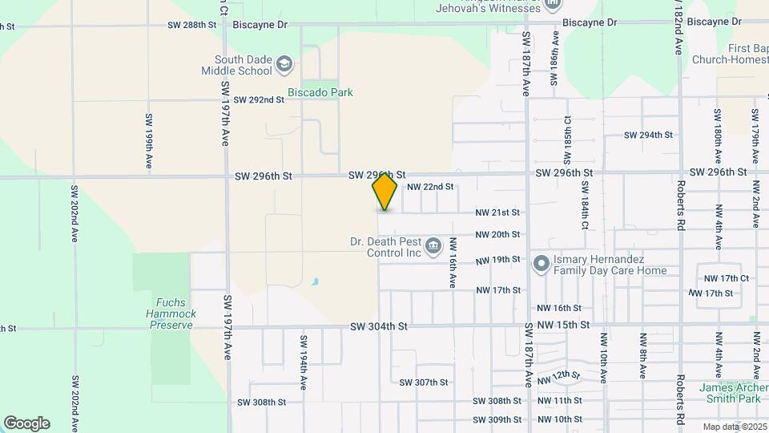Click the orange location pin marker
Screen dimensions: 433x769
click(x=384, y=191)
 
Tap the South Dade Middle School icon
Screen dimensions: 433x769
click(x=284, y=63)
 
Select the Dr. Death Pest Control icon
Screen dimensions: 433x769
click(x=433, y=245)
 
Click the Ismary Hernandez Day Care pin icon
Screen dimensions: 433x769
click(x=541, y=263)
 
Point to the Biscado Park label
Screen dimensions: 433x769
click(x=320, y=92)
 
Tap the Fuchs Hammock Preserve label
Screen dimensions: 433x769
click(x=171, y=314)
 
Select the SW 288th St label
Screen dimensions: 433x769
click(x=192, y=25)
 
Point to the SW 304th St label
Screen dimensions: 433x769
click(x=379, y=326)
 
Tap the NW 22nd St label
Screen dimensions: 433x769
click(x=430, y=187)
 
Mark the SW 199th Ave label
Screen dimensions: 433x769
click(x=149, y=140)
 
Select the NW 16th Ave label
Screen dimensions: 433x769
click(x=453, y=263)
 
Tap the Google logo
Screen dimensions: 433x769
click(x=26, y=423)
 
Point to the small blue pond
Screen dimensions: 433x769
click(x=315, y=282)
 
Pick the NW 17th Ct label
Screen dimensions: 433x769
click(x=726, y=278)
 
